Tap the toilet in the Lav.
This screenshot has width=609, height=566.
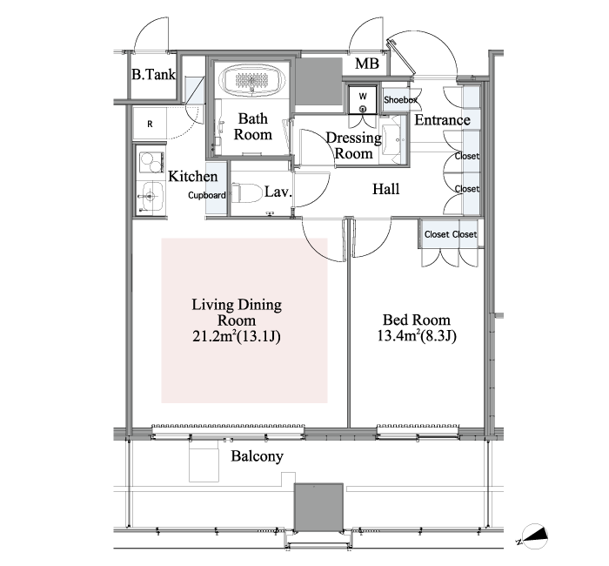246,193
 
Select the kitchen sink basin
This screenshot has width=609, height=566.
151,196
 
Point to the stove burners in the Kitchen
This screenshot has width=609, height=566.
151,163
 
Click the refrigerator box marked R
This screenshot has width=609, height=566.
150,124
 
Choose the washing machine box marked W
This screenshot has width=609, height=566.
363,99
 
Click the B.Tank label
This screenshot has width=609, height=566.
153,74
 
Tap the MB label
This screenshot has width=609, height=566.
366,64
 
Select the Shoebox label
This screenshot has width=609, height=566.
400,100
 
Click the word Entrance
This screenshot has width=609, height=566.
442,120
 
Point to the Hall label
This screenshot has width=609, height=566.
385,189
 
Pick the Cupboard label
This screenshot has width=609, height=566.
207,195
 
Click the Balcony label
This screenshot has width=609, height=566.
258,456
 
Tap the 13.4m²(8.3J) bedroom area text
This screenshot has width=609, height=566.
417,335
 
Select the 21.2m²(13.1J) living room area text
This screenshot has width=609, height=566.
237,336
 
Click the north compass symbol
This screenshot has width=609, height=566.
534,536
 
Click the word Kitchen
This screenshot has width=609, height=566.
192,176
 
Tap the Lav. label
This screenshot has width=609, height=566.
278,192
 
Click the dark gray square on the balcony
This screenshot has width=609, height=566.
318,508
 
